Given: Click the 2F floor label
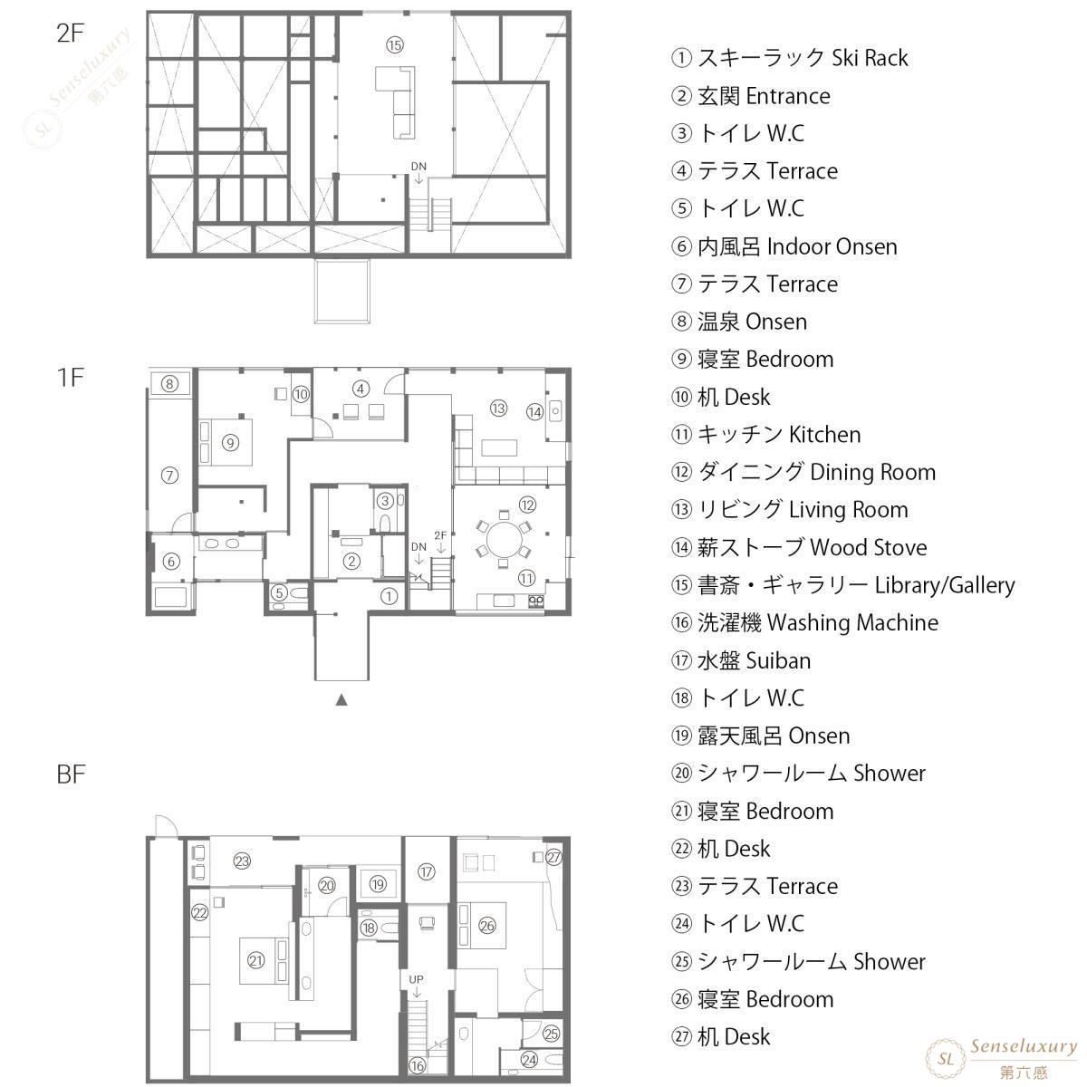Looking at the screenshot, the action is click(70, 34).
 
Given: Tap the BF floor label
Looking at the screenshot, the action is click(71, 774).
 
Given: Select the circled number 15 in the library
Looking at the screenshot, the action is click(395, 45).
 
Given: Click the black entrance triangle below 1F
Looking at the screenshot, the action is click(341, 700).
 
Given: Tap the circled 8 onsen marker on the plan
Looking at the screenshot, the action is click(169, 384).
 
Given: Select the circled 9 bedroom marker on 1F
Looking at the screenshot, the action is click(230, 443).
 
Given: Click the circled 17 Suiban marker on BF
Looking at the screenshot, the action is click(427, 871).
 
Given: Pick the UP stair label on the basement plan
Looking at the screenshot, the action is click(417, 979).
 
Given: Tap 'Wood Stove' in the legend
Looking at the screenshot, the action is click(868, 547).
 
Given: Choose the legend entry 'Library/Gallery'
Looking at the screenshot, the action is click(945, 585).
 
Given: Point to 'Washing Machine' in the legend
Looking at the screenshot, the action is click(853, 622).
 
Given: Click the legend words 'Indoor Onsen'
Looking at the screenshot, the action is click(832, 246).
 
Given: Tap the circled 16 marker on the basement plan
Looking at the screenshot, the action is click(418, 1065).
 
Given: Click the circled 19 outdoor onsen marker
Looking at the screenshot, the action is click(378, 884).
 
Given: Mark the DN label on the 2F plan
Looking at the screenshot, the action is click(418, 167).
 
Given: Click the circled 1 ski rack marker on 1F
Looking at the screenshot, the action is click(390, 596).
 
